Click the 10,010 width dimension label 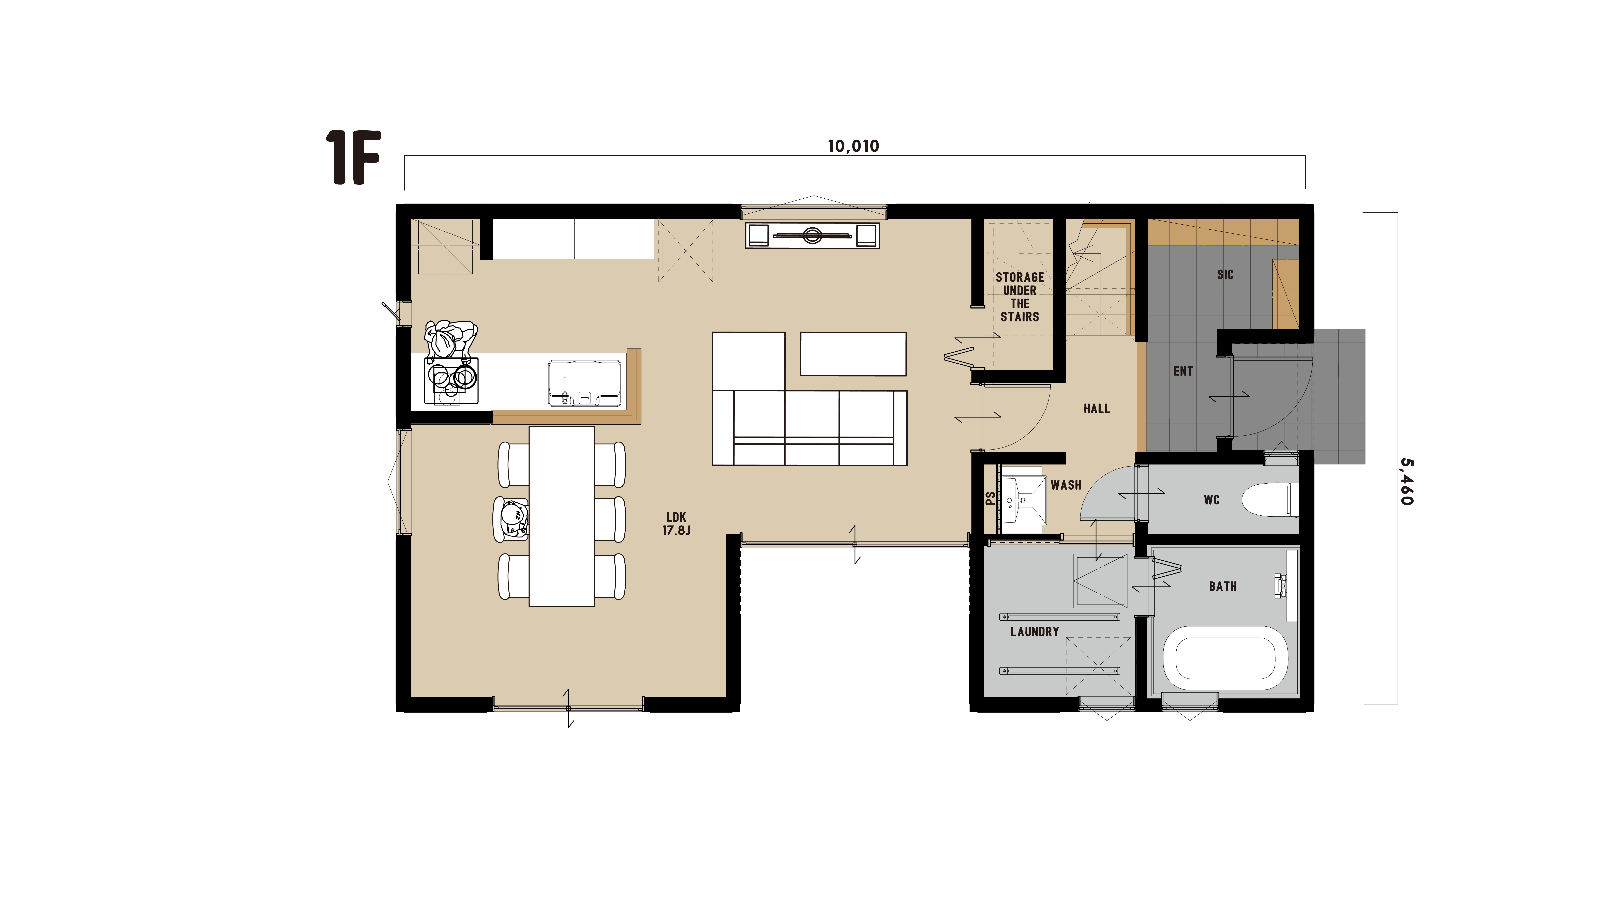[853, 146]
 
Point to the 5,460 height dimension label [1407, 482]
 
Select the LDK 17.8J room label [676, 524]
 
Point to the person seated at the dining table [511, 520]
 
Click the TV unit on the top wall [812, 235]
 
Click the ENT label [1183, 371]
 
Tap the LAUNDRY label [1035, 631]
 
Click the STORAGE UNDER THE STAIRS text [1020, 297]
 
